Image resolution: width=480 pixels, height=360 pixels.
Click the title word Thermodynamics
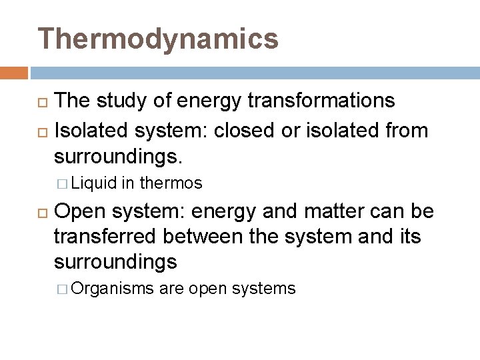click(x=158, y=39)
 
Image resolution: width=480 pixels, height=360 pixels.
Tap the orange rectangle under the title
click(x=13, y=72)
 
